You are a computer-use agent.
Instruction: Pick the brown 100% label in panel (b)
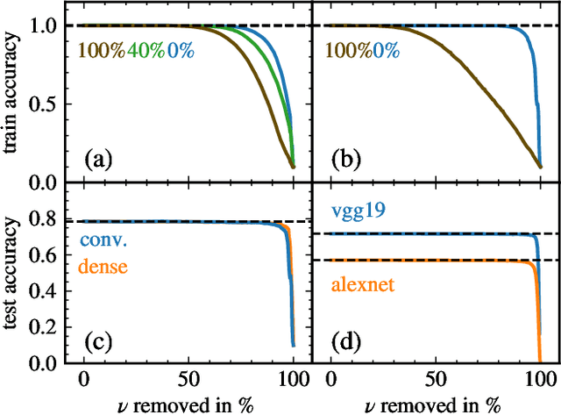[x=355, y=51]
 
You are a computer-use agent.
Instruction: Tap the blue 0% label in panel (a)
[x=181, y=51]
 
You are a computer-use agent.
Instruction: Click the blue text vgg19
[x=355, y=211]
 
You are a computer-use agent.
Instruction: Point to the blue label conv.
[x=103, y=240]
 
